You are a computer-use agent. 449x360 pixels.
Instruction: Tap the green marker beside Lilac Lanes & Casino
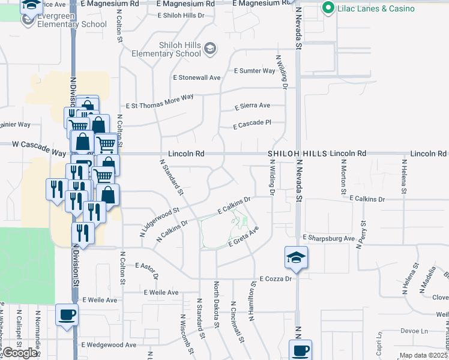[x=328, y=8]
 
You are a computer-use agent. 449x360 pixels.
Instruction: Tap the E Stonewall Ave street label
[x=197, y=77]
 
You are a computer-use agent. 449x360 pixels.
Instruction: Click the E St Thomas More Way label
[x=158, y=97]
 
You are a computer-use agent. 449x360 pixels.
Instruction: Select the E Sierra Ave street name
[x=253, y=106]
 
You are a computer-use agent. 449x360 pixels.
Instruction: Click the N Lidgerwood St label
[x=160, y=223]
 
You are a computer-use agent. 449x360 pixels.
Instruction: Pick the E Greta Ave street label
[x=243, y=238]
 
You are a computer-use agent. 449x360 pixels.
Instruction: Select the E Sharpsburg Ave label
[x=329, y=238]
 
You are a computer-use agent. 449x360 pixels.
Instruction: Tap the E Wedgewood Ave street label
[x=109, y=345]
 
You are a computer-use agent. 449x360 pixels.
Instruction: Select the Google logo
[x=20, y=353]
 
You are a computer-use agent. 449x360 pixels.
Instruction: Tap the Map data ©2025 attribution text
[x=423, y=355]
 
